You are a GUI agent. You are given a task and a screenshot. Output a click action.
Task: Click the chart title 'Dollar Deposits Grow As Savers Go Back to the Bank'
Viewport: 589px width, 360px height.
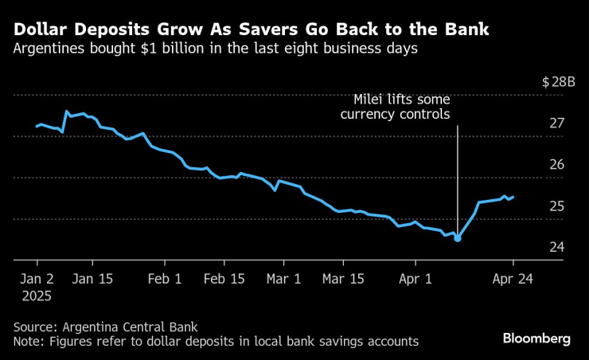coord(251,30)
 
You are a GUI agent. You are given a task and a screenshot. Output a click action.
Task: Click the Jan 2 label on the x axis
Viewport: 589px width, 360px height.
coord(37,280)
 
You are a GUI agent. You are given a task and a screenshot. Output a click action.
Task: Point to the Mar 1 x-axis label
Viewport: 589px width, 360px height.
coord(283,280)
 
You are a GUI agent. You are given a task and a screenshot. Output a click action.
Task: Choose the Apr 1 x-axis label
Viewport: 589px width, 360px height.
coord(415,280)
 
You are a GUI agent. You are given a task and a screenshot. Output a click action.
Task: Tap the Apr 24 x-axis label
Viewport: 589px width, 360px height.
coord(513,280)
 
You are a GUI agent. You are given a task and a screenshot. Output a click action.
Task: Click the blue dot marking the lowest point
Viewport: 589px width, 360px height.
coord(458,238)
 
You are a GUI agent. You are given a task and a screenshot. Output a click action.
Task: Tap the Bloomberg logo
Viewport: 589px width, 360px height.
coord(536,338)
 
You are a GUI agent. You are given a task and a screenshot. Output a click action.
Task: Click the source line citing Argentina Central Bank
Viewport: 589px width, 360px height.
coord(105,327)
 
